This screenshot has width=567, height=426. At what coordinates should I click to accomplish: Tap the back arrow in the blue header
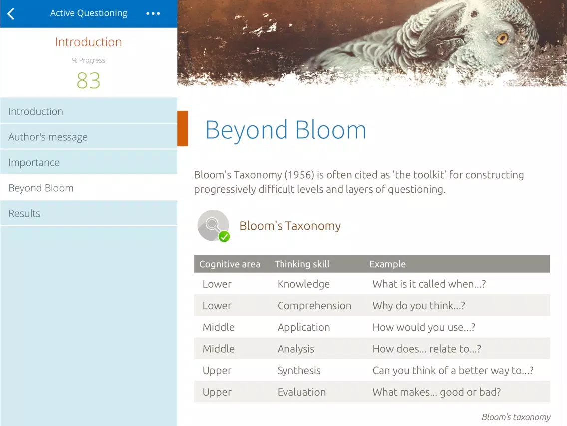pyautogui.click(x=11, y=14)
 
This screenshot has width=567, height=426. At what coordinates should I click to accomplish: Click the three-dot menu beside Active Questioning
pyautogui.click(x=153, y=14)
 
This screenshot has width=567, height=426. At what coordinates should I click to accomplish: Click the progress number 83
pyautogui.click(x=89, y=80)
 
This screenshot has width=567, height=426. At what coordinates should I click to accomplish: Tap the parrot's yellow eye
pyautogui.click(x=502, y=39)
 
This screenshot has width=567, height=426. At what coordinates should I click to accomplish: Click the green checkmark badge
pyautogui.click(x=224, y=237)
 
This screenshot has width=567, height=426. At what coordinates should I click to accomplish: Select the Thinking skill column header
pyautogui.click(x=302, y=264)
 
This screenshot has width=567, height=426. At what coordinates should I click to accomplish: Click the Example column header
pyautogui.click(x=388, y=264)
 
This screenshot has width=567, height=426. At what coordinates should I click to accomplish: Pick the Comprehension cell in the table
pyautogui.click(x=314, y=305)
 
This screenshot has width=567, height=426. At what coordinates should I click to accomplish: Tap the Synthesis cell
pyautogui.click(x=299, y=371)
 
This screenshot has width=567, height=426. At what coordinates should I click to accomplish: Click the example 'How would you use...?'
pyautogui.click(x=424, y=327)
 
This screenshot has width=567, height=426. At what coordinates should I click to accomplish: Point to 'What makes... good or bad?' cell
pyautogui.click(x=436, y=392)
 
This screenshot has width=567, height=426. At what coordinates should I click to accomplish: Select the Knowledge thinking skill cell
pyautogui.click(x=304, y=284)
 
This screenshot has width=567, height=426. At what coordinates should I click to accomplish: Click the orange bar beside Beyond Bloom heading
pyautogui.click(x=183, y=128)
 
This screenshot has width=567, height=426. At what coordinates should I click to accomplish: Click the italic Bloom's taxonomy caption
pyautogui.click(x=516, y=417)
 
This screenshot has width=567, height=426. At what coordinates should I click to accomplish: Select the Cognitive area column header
pyautogui.click(x=230, y=264)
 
